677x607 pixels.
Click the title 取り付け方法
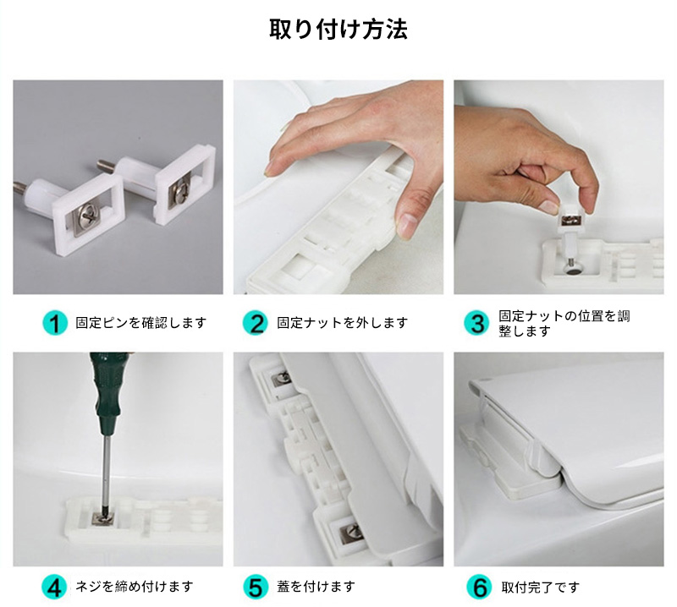pos(338,30)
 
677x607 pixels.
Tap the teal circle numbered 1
pos(55,323)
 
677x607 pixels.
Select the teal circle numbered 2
pos(256,323)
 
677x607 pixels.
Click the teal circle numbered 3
pos(476,323)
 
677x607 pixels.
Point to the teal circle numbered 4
pos(54,587)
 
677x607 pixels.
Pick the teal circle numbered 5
pos(256,587)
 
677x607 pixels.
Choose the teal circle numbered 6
pos(479,587)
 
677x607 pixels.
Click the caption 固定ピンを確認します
pos(141,323)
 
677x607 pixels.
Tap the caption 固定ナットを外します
pos(343,323)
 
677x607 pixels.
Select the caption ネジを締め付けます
pos(135,587)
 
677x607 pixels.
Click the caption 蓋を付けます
pos(316,587)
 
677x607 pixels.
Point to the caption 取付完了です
pos(540,588)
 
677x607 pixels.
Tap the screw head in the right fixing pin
pos(179,192)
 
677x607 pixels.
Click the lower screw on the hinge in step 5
pos(351,533)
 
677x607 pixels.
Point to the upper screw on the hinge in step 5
pos(283,378)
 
